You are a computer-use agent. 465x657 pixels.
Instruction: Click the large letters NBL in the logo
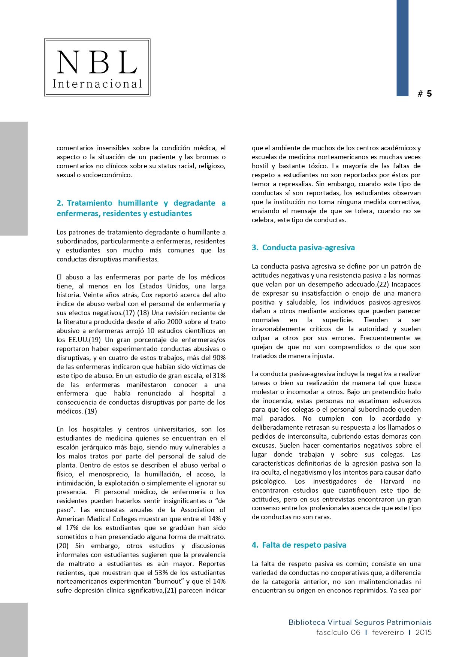[x=97, y=63]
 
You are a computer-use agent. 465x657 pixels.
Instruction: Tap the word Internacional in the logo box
[x=97, y=84]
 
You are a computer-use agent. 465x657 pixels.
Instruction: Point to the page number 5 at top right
[x=429, y=94]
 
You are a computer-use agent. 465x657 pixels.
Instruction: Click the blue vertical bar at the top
[x=402, y=48]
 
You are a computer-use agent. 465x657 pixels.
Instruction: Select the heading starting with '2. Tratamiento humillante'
[x=141, y=208]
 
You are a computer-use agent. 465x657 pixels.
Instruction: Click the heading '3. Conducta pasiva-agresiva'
[x=303, y=248]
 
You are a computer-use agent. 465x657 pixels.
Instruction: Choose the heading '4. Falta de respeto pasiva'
[x=299, y=545]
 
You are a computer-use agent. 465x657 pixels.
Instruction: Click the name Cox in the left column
[x=147, y=295]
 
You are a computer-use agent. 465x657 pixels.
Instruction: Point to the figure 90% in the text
[x=219, y=358]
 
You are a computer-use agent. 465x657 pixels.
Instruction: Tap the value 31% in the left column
[x=219, y=376]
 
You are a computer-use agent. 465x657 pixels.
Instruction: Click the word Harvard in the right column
[x=392, y=481]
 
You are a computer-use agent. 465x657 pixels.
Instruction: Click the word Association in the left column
[x=197, y=510]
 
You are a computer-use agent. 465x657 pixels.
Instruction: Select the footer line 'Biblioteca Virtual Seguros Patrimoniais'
[x=360, y=623]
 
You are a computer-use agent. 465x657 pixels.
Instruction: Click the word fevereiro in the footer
[x=388, y=633]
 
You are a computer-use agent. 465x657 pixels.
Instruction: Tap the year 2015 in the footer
[x=423, y=633]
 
